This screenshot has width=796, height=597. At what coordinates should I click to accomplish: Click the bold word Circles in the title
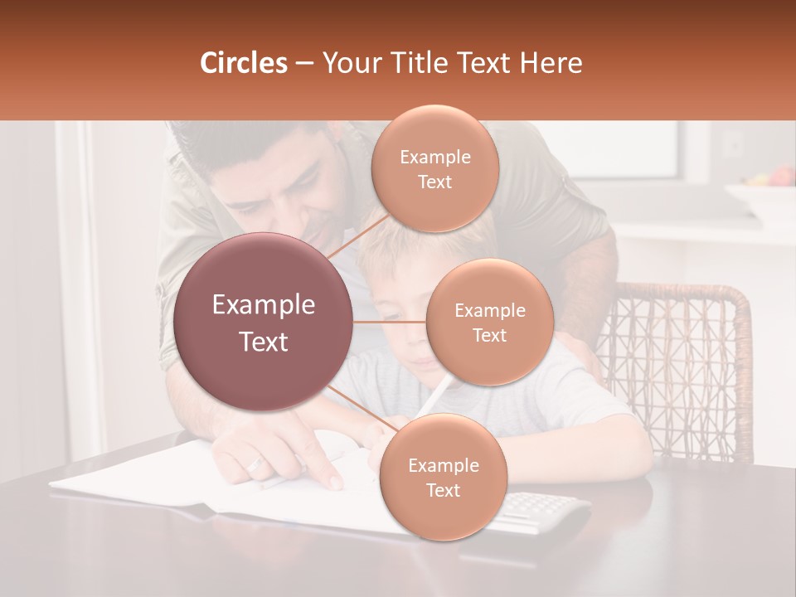pyautogui.click(x=244, y=63)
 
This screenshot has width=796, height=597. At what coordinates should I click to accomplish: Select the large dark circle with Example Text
pyautogui.click(x=264, y=322)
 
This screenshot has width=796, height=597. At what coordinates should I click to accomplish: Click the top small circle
pyautogui.click(x=434, y=168)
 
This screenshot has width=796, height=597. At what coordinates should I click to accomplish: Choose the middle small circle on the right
pyautogui.click(x=489, y=322)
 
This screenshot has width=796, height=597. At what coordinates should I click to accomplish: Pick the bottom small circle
pyautogui.click(x=443, y=477)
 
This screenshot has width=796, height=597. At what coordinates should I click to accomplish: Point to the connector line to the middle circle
pyautogui.click(x=390, y=322)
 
